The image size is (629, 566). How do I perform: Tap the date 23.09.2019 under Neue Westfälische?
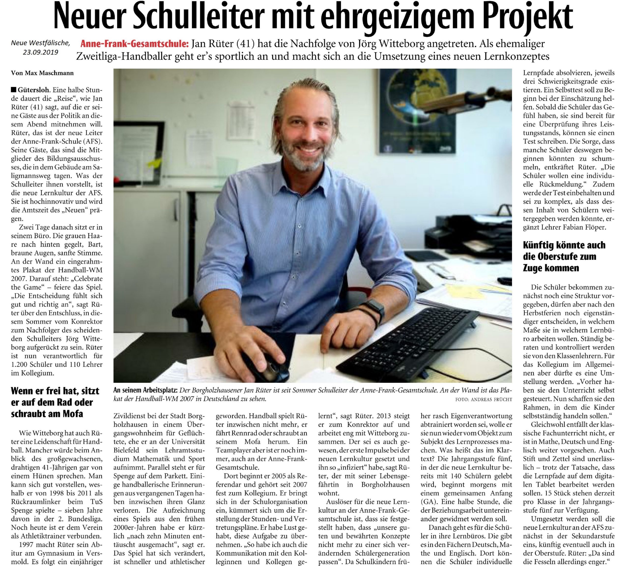pyautogui.click(x=41, y=52)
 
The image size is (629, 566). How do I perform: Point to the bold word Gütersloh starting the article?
pyautogui.click(x=34, y=90)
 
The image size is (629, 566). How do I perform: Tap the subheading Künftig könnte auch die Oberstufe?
pyautogui.click(x=564, y=256)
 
